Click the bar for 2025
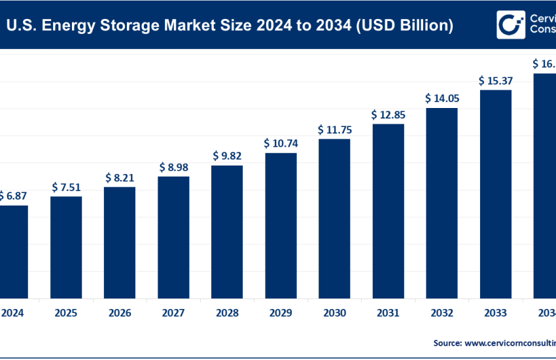point(66,247)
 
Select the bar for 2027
point(173,237)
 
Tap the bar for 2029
point(281,225)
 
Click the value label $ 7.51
point(66,187)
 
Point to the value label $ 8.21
point(120,177)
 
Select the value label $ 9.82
point(227,156)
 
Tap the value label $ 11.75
point(334,130)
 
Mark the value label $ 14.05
point(442,98)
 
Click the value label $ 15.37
point(496,81)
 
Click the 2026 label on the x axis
point(120,313)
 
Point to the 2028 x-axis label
point(227,313)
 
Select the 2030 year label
point(334,313)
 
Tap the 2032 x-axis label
point(442,313)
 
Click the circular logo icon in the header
point(510,26)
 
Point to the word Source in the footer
point(447,342)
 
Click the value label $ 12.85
point(388,115)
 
